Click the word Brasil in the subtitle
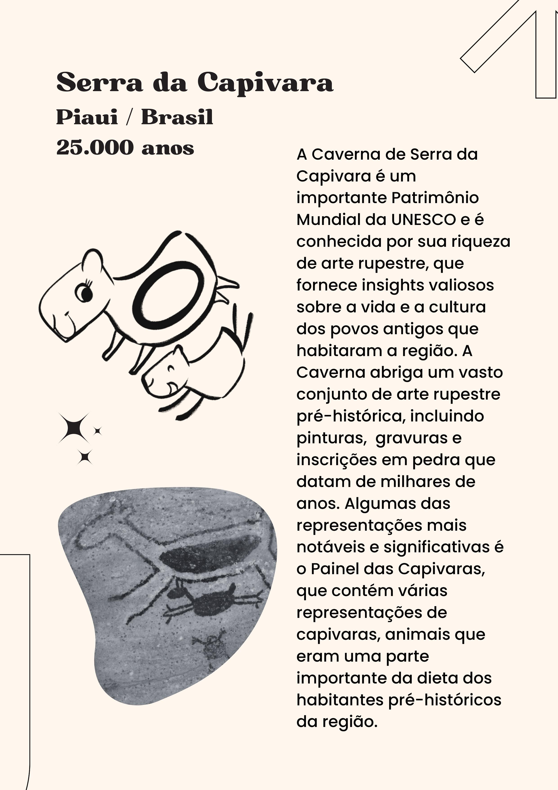coord(177,117)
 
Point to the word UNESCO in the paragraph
coord(424,220)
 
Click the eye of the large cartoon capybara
coord(85,293)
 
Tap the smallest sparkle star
coord(98,431)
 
